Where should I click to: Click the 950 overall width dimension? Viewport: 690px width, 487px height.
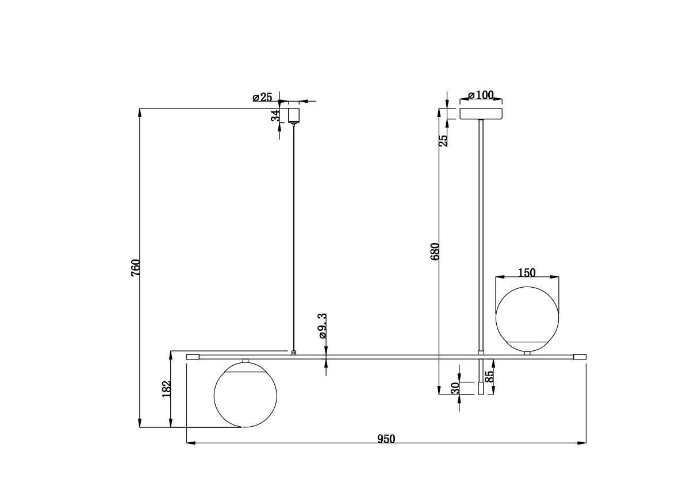[386, 439]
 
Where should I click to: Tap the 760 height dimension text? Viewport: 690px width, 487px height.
[136, 268]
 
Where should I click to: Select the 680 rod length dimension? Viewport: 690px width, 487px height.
[435, 252]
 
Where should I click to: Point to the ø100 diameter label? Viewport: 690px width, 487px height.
[481, 95]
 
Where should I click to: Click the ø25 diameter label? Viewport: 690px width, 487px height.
[262, 97]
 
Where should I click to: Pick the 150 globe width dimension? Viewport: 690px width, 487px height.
[527, 273]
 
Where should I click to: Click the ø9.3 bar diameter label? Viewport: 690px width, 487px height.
[323, 325]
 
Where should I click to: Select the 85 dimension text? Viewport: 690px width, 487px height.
[489, 377]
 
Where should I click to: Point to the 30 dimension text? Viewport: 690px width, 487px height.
[455, 389]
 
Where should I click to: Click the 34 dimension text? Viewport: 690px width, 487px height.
[276, 115]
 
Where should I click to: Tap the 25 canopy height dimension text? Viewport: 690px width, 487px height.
[443, 140]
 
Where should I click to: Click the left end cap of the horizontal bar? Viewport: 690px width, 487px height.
[193, 357]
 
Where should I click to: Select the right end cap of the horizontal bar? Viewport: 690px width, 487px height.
[580, 357]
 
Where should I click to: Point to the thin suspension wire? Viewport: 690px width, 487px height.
[294, 230]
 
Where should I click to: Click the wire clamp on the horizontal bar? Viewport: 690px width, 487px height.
[294, 353]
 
